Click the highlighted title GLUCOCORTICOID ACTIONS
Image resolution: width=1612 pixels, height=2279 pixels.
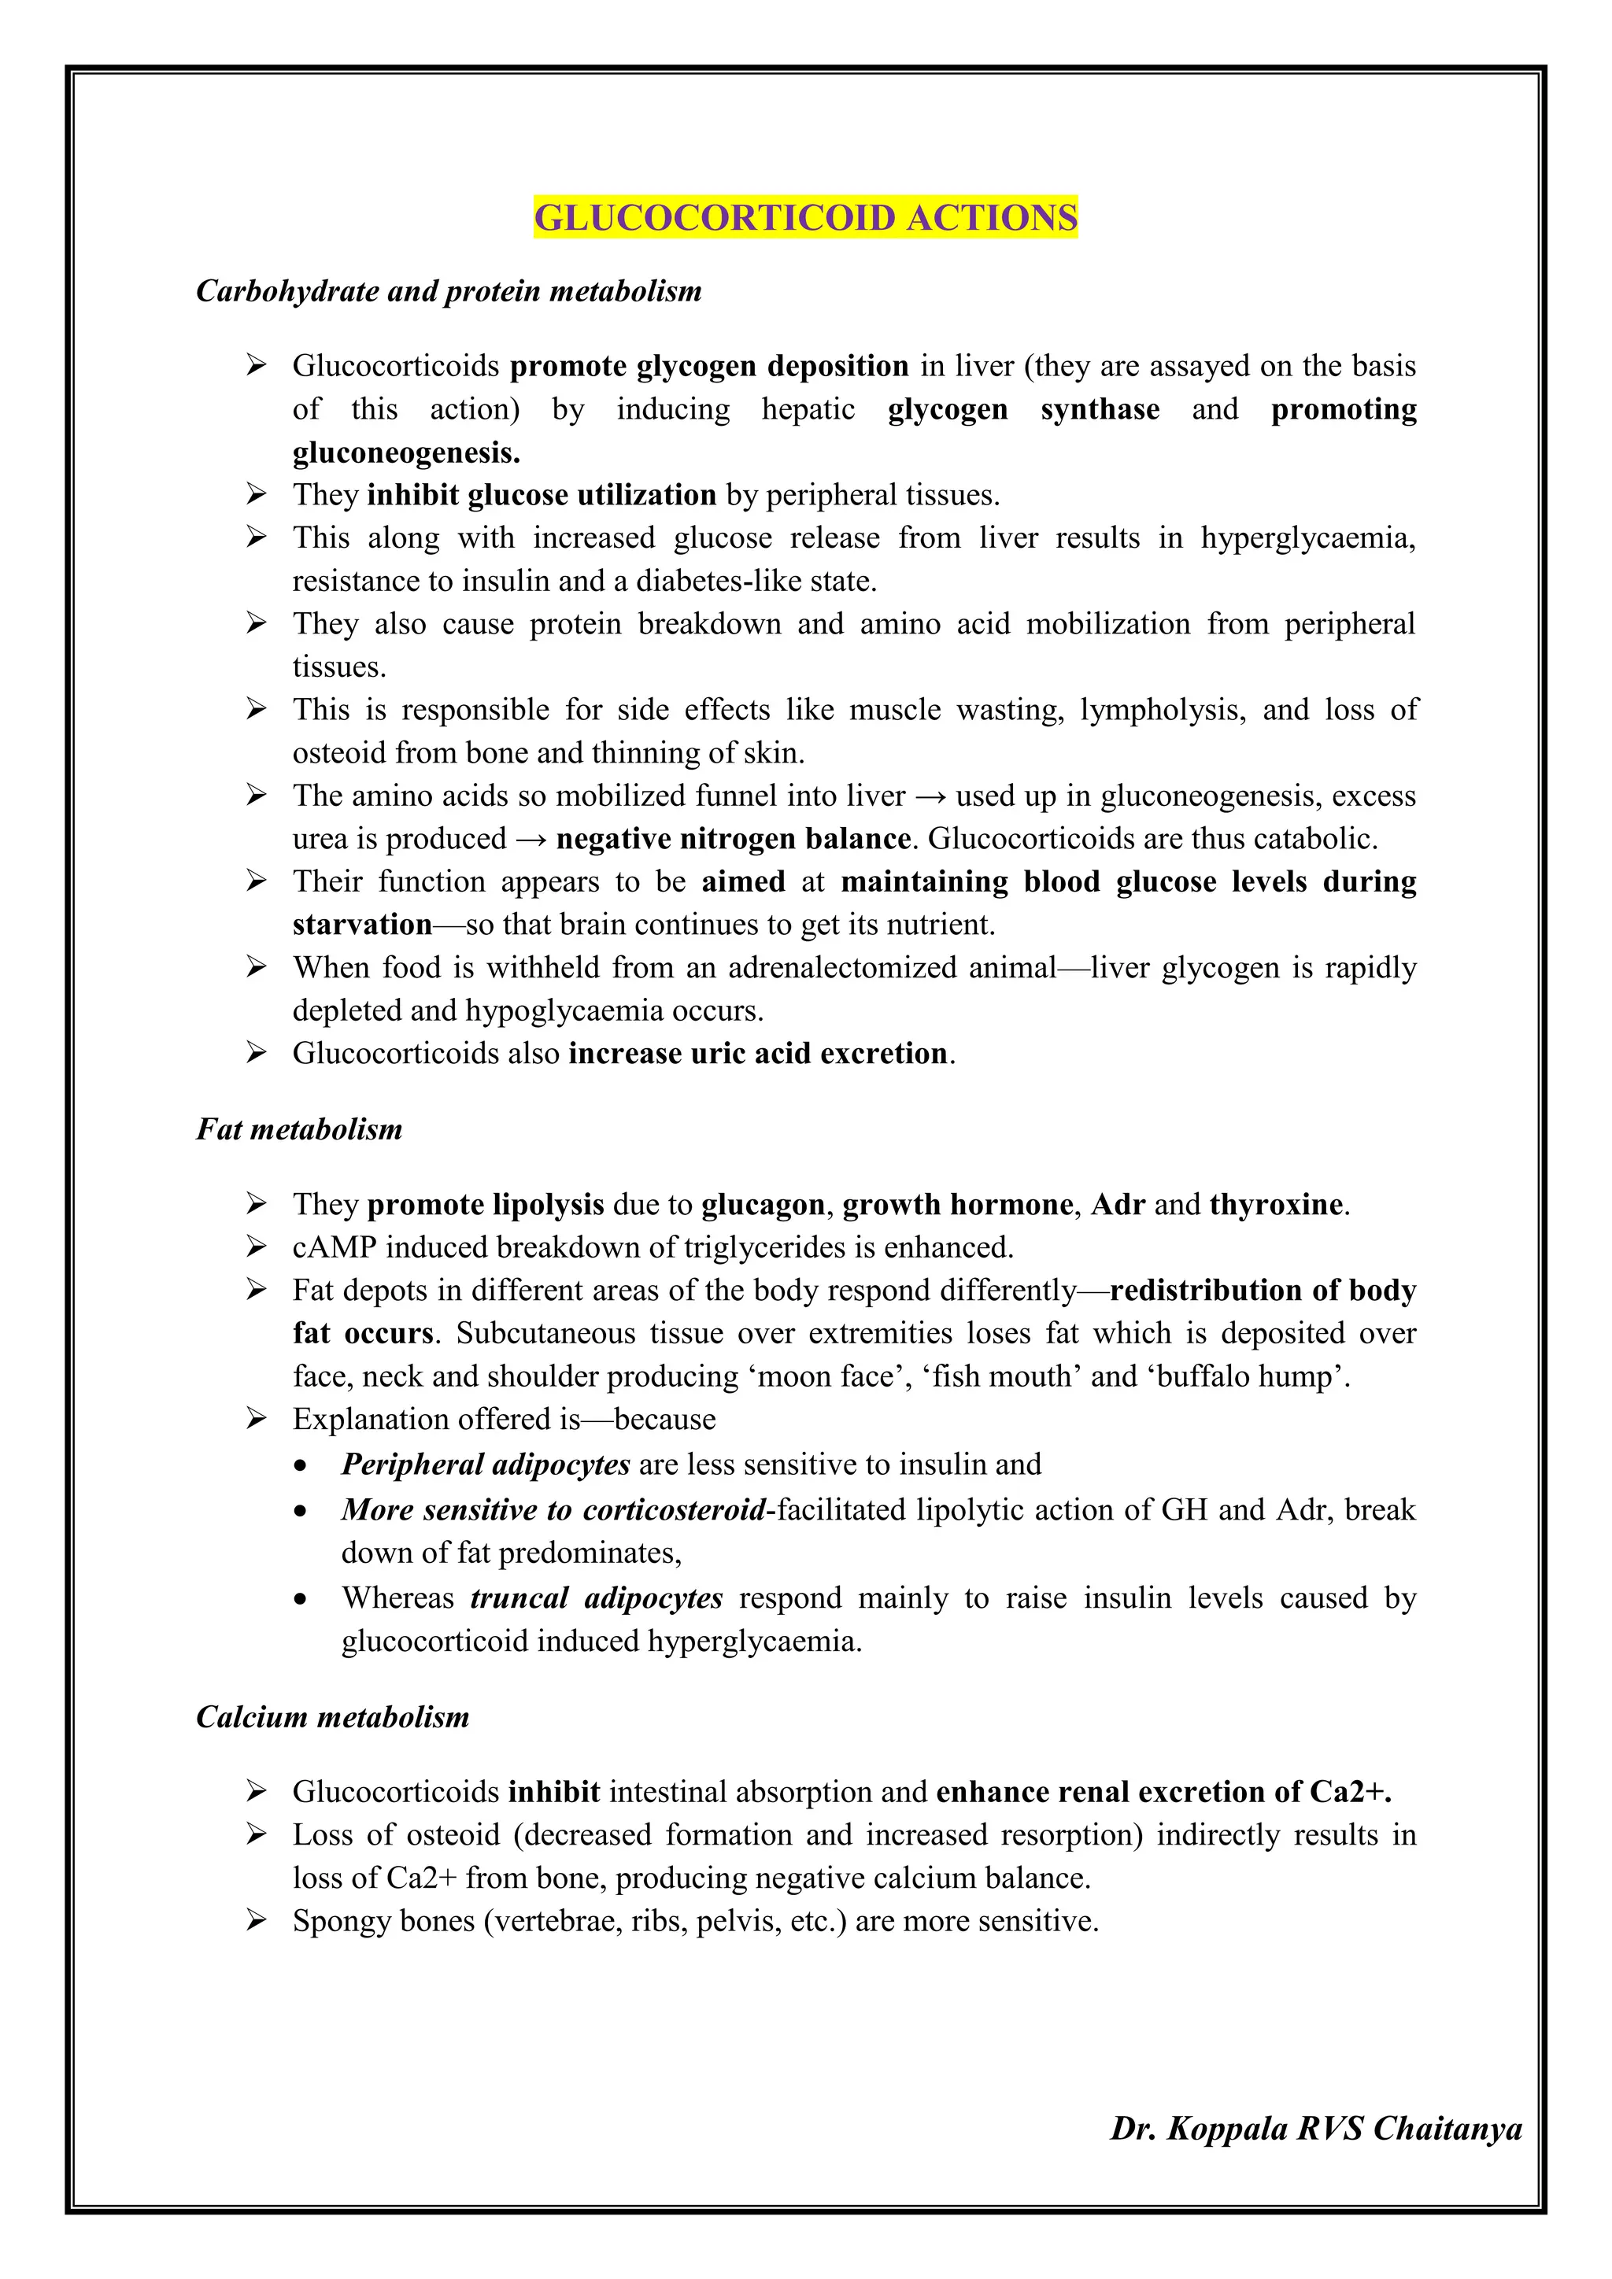[805, 217]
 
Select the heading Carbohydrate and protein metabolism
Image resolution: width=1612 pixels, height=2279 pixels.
[449, 291]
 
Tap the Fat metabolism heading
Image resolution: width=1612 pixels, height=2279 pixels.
[299, 1128]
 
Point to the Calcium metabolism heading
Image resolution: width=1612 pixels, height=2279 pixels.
[332, 1716]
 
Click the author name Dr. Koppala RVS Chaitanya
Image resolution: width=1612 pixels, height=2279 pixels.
[1315, 2128]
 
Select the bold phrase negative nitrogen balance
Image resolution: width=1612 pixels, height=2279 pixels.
[733, 839]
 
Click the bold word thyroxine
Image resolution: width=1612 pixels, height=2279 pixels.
[1275, 1204]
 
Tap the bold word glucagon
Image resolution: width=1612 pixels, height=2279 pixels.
[763, 1204]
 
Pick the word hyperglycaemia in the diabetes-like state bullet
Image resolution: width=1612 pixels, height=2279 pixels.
[1307, 538]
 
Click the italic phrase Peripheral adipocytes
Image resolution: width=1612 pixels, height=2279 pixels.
[486, 1464]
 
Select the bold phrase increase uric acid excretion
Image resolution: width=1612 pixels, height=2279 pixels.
[758, 1053]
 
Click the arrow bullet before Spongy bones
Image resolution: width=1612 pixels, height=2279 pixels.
[256, 1921]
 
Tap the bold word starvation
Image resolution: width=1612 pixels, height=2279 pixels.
[362, 924]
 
